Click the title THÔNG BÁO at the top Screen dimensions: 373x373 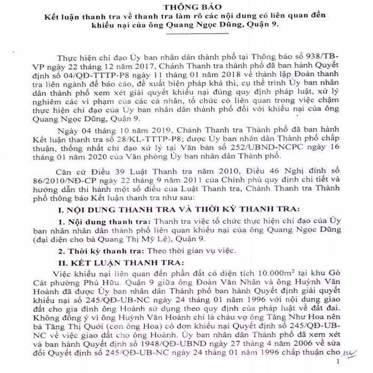click(x=187, y=6)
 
